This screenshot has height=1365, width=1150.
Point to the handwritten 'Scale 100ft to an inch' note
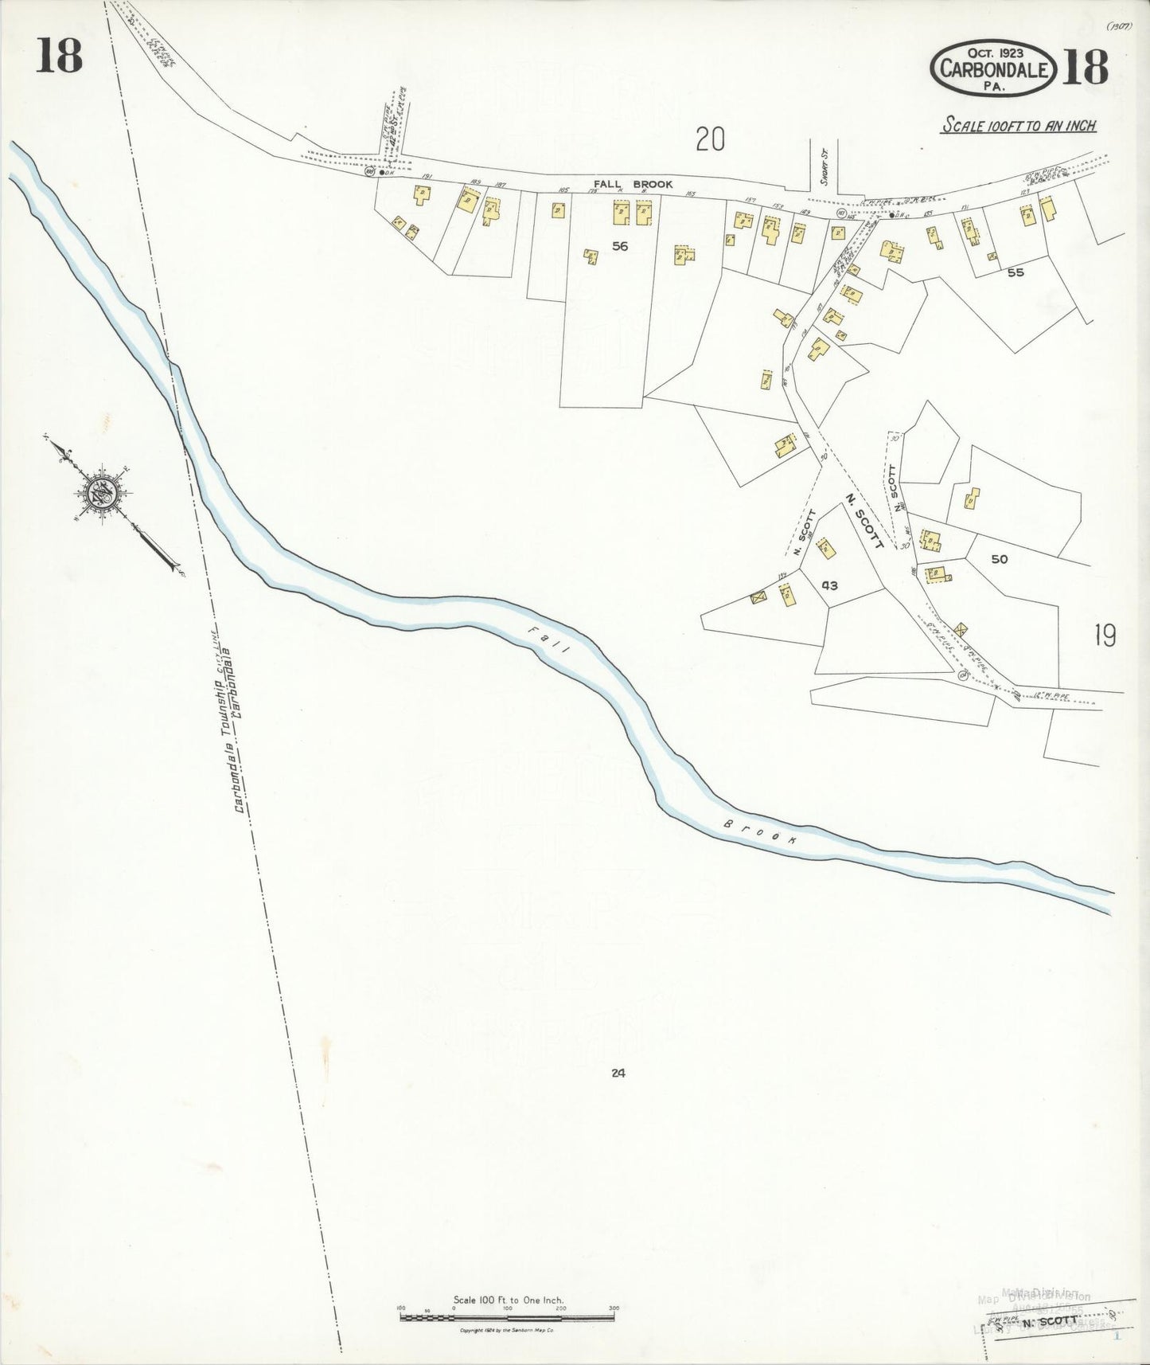click(x=1018, y=125)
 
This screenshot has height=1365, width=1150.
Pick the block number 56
click(x=620, y=246)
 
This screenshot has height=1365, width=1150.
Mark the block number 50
click(x=999, y=559)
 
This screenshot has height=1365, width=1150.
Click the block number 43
click(x=829, y=585)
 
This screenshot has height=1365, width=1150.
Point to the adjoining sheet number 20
click(x=710, y=140)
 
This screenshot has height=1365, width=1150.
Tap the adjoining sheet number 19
click(x=1104, y=636)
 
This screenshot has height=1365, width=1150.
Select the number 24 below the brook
click(x=618, y=1073)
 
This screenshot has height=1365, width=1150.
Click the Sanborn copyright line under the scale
click(x=507, y=1331)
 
